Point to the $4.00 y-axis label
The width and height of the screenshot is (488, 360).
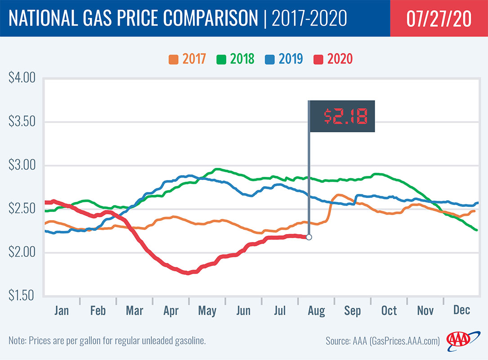pos(22,79)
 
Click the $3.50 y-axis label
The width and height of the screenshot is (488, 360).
pos(22,122)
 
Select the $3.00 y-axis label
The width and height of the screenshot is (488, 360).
pos(22,166)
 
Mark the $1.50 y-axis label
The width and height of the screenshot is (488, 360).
pos(22,296)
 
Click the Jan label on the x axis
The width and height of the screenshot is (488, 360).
pos(62,310)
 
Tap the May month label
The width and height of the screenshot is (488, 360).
pos(207,310)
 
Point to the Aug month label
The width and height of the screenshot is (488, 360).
pos(316,310)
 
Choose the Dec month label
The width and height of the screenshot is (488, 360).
pos(461,310)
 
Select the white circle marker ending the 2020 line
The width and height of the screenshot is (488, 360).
pos(309,237)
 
